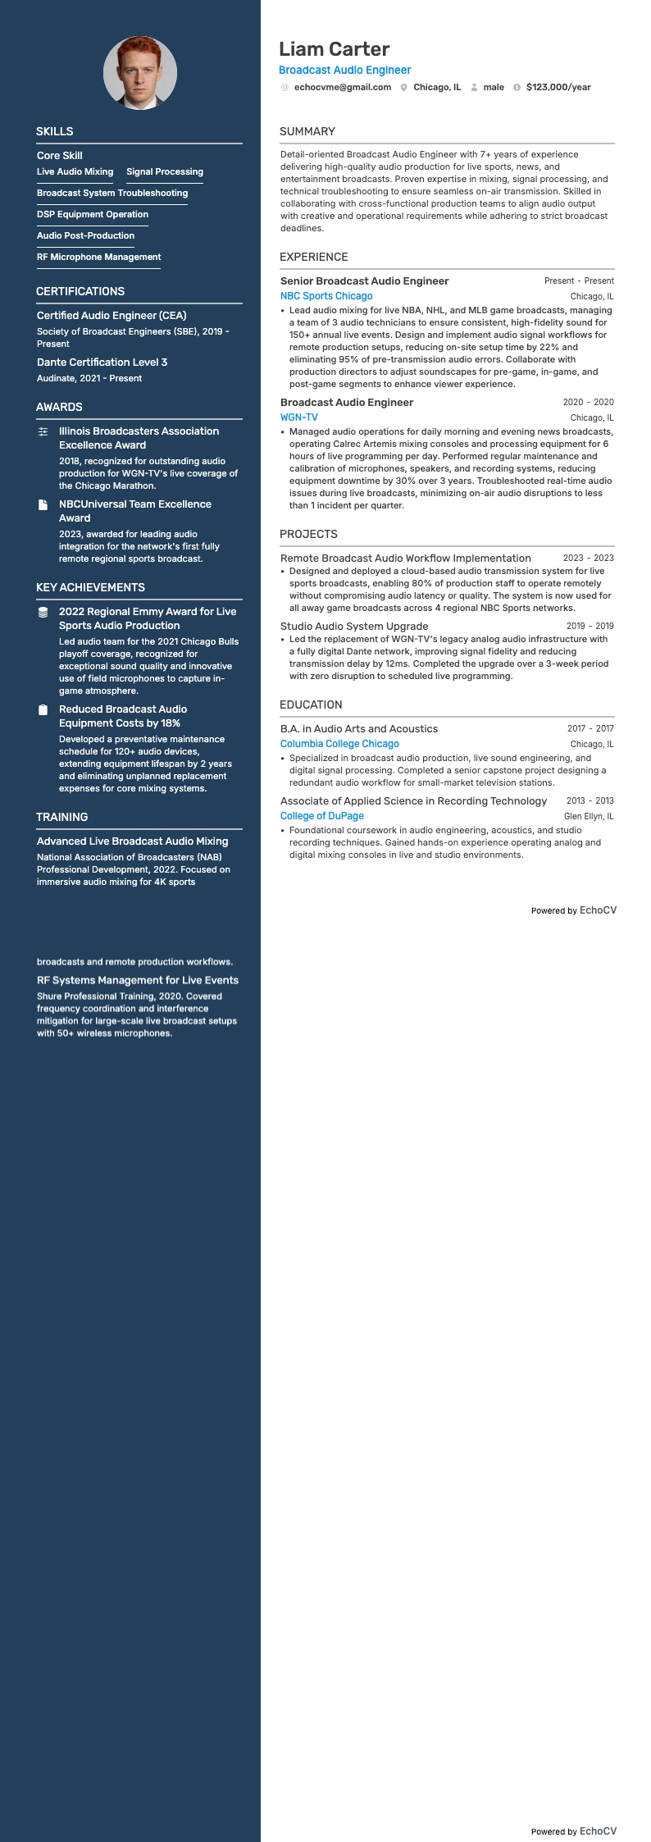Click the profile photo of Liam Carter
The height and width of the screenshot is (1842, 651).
coord(139,73)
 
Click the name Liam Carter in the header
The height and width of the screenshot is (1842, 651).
coord(334,49)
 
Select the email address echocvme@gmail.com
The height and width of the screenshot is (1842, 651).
coord(342,87)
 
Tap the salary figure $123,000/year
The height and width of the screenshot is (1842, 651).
coord(558,87)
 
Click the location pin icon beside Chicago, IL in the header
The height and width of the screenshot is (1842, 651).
coord(404,87)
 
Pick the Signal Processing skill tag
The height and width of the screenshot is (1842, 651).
coord(165,171)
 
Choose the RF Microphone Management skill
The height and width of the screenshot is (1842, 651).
coord(98,257)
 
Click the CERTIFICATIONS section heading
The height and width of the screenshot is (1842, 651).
coord(80,291)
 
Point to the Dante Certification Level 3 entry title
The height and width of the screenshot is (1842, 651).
coord(102,362)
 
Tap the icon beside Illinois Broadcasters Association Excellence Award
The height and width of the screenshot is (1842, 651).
coord(43,431)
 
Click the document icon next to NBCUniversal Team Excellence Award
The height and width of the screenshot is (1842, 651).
coord(43,504)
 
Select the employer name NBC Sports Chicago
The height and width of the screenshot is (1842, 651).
coord(326,296)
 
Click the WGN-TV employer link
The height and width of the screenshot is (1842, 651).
coord(299,417)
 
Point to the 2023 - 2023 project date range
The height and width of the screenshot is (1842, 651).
coord(588,558)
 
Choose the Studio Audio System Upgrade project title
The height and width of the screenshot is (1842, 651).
coord(354,626)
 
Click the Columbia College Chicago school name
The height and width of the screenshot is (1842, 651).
coord(339,744)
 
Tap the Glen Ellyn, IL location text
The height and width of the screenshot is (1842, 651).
coord(589,816)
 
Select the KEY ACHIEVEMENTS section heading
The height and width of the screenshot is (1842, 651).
coord(90,587)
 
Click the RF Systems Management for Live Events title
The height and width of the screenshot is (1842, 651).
coord(138,980)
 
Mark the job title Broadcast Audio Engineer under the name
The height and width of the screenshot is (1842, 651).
coord(344,71)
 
